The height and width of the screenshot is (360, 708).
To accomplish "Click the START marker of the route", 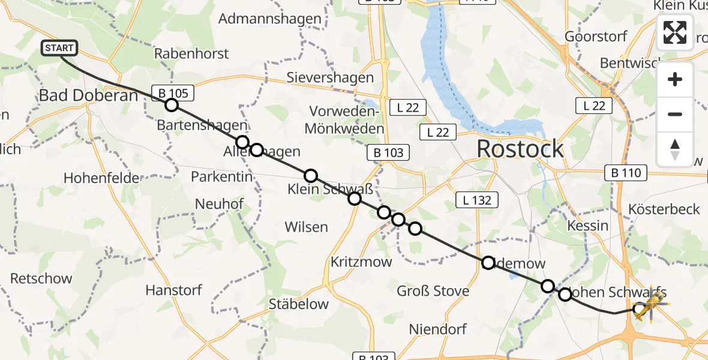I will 59,48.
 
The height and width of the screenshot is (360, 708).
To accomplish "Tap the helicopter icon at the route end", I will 649,304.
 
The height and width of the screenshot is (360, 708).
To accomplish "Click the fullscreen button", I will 675,32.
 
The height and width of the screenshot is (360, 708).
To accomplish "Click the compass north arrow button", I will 675,149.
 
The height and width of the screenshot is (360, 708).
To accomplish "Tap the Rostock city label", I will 520,149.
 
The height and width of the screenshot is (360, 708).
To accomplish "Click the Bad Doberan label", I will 88,95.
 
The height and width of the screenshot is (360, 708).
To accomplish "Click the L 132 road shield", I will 478,200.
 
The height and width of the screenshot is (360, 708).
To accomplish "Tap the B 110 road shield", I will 626,173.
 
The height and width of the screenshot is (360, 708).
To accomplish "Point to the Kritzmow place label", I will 361,262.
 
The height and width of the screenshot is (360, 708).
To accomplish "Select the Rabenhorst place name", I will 191,53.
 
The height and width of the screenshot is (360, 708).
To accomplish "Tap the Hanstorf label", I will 173,290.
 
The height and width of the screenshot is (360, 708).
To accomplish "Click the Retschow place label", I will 41,278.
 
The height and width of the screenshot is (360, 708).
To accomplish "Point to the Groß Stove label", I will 433,292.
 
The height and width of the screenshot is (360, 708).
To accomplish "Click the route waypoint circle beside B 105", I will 172,106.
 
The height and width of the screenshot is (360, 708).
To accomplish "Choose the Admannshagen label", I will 270,19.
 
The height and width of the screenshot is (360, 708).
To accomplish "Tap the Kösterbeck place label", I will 664,209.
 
